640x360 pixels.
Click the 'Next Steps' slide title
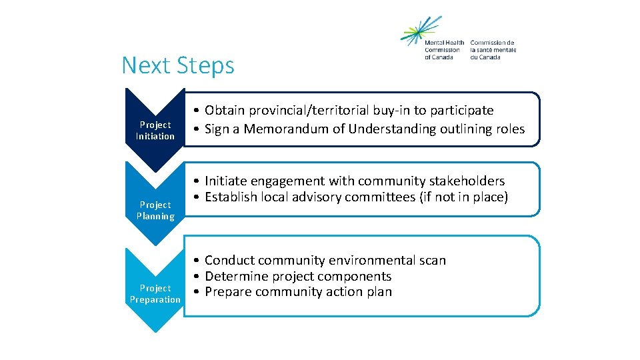click(178, 65)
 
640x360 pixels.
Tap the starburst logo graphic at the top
click(420, 30)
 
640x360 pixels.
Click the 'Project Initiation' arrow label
click(155, 130)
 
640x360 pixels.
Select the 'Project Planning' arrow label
click(155, 210)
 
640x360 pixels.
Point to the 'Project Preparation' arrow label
click(155, 293)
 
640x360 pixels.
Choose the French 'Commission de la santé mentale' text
click(493, 50)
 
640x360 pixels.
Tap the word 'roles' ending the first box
click(509, 129)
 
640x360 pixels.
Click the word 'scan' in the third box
click(432, 260)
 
